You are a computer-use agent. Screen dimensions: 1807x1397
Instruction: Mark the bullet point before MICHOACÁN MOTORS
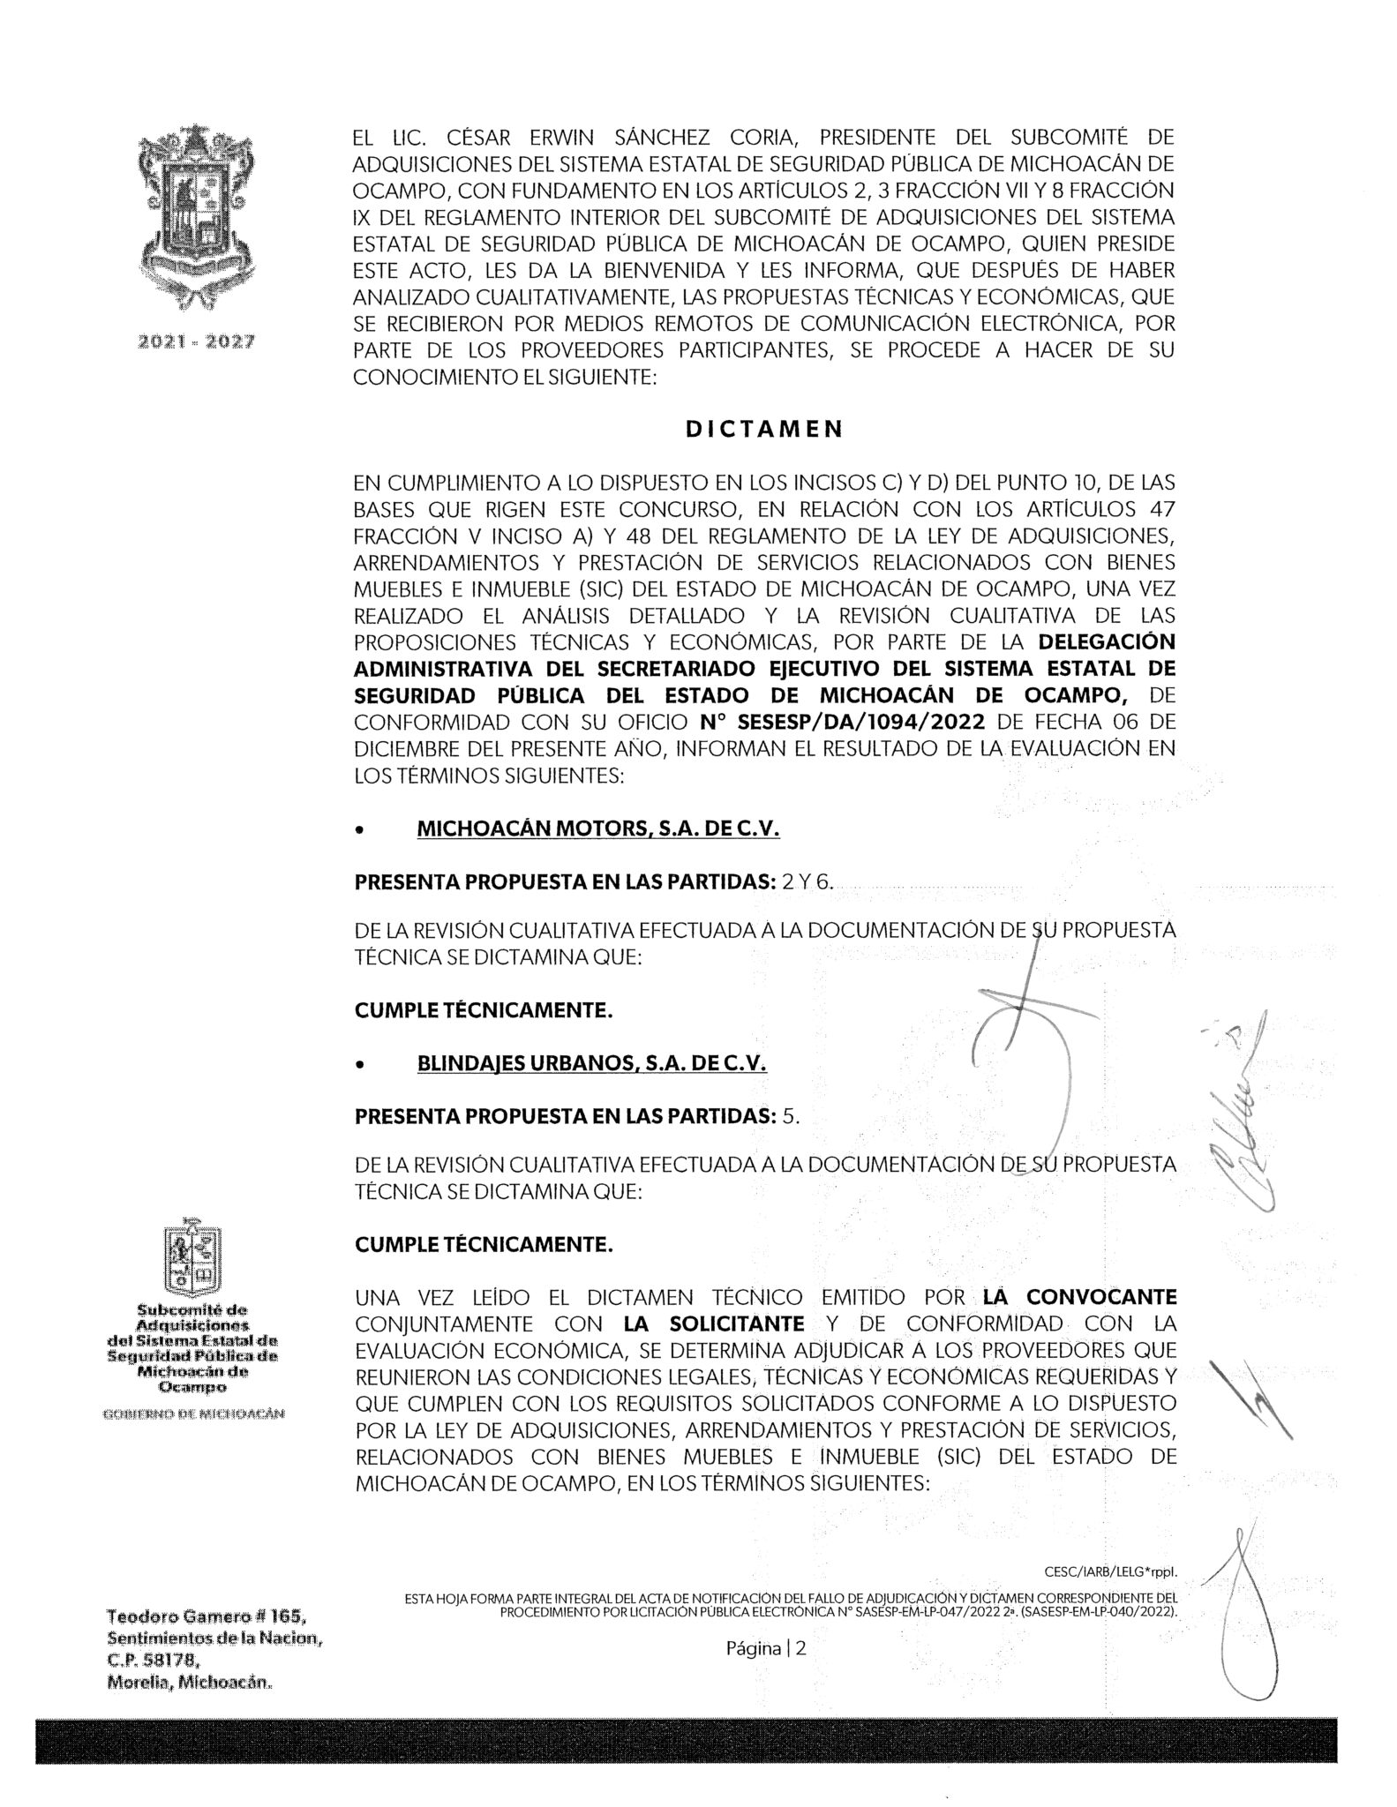[358, 831]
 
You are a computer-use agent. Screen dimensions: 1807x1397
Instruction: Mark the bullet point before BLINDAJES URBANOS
[358, 1066]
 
